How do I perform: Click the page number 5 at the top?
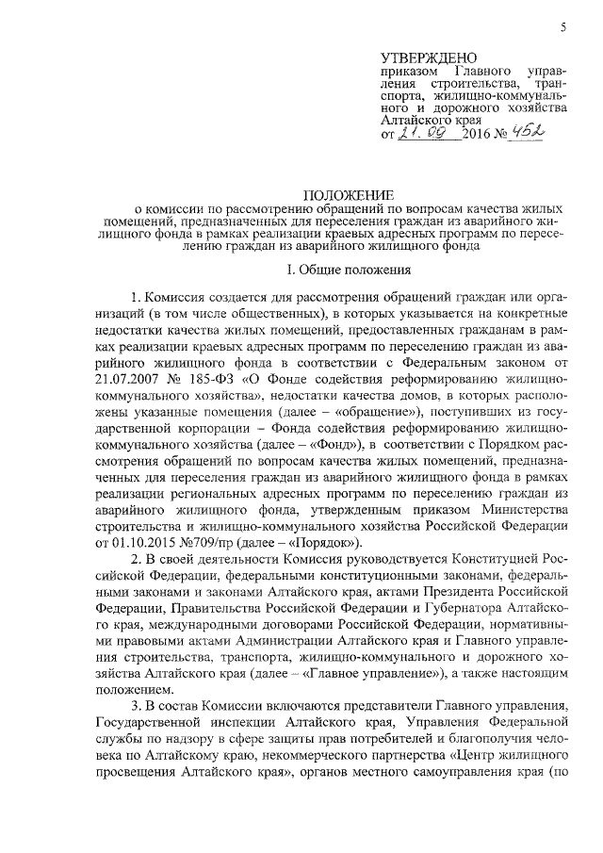pyautogui.click(x=562, y=26)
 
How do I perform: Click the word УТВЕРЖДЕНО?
pyautogui.click(x=425, y=58)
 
